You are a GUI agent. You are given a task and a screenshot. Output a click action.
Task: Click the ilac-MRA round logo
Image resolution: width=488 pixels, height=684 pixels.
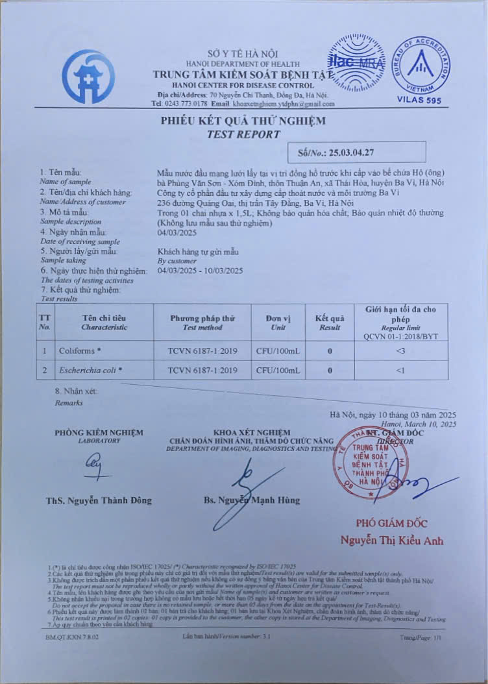click(x=356, y=65)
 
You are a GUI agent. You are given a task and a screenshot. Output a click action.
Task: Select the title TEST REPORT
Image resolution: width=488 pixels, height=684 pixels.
click(x=243, y=134)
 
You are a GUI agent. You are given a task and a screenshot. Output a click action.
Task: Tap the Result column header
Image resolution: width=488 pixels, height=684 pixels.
click(x=330, y=323)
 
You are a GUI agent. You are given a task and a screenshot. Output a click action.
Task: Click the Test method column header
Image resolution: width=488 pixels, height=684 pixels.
click(x=201, y=323)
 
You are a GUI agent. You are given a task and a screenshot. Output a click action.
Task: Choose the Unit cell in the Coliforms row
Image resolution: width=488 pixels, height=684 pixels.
click(x=278, y=351)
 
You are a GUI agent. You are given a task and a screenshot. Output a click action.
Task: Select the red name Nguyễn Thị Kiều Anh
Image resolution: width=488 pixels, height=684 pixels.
click(x=393, y=541)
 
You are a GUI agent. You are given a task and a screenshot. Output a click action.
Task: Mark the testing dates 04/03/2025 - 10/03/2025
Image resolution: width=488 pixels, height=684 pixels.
click(x=200, y=271)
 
